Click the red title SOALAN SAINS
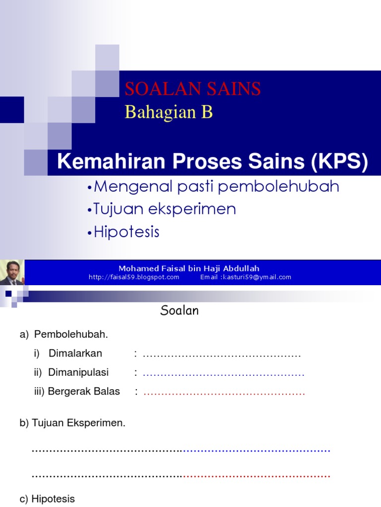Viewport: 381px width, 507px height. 192,89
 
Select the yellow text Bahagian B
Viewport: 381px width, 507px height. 169,112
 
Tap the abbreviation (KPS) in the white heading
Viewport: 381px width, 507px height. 340,162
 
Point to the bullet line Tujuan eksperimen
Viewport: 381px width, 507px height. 164,209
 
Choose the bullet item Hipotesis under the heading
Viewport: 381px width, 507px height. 127,232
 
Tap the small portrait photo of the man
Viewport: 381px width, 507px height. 11,273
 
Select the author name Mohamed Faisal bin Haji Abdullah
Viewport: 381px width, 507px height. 189,268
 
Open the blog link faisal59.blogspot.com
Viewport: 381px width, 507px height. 134,277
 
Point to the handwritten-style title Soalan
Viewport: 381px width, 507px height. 180,310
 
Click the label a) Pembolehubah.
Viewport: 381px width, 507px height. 64,335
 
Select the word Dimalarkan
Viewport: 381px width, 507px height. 75,354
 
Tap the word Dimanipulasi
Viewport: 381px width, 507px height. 78,372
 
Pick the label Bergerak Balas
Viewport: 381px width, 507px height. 84,391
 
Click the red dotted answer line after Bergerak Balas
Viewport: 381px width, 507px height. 224,393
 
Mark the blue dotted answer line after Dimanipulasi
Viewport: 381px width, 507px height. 224,374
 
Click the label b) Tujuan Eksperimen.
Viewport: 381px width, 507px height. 73,423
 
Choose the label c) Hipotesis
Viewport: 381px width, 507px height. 48,499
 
